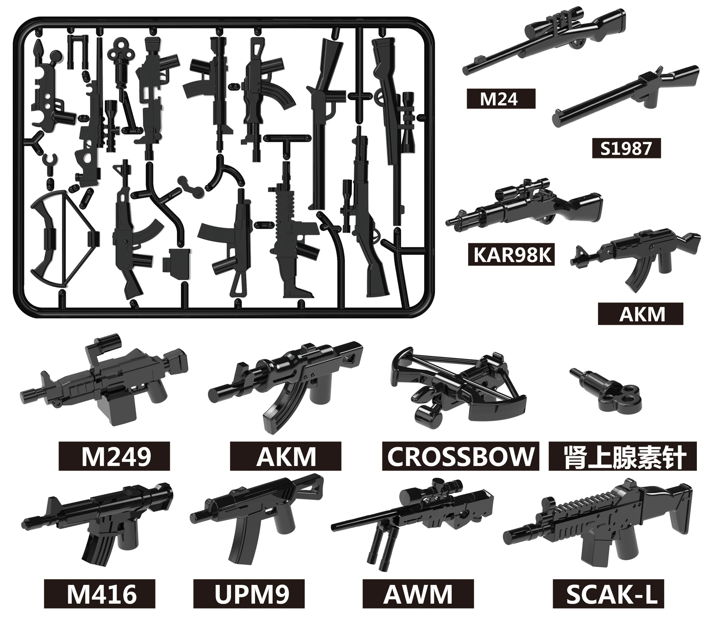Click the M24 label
[x=501, y=99]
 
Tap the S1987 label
[x=626, y=148]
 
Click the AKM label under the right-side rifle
[x=640, y=314]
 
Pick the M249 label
[x=114, y=456]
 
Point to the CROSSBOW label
[x=460, y=456]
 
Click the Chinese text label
[x=622, y=456]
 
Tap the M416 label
[x=100, y=594]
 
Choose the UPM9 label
[x=249, y=594]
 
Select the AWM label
[x=418, y=594]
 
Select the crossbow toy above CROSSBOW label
[x=458, y=379]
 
